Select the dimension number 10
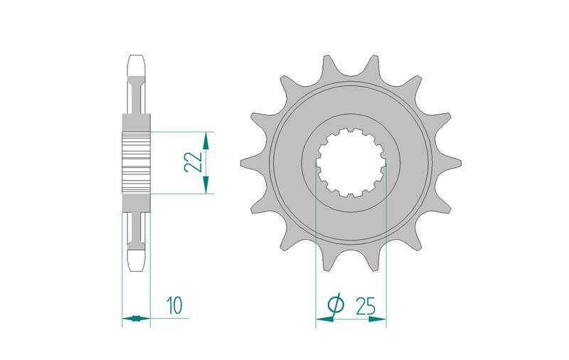click(174, 307)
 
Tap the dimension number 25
click(366, 307)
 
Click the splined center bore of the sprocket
click(351, 162)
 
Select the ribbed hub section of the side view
click(137, 162)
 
